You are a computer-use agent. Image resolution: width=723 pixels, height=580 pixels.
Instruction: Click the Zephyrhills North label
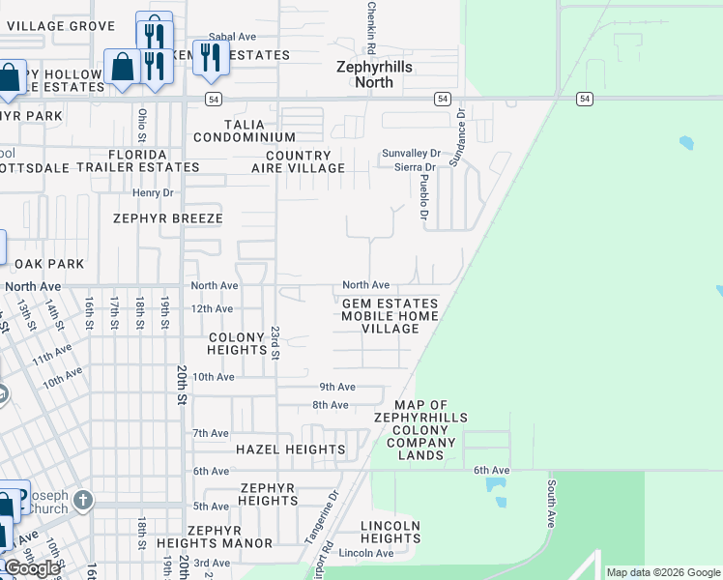click(364, 75)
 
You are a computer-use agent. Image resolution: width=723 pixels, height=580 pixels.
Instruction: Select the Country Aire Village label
click(304, 161)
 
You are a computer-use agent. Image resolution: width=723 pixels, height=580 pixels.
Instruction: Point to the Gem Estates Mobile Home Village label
click(390, 315)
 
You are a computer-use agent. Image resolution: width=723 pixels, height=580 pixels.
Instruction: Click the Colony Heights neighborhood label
click(237, 343)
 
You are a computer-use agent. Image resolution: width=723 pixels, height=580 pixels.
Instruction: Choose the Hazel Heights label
click(290, 449)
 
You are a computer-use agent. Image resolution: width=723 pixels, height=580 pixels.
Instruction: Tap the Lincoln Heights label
click(390, 532)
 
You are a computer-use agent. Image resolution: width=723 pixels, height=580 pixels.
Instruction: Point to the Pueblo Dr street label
click(424, 196)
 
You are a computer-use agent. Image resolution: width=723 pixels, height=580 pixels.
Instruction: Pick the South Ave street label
click(551, 503)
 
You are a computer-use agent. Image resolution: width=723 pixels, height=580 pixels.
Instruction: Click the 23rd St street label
click(275, 342)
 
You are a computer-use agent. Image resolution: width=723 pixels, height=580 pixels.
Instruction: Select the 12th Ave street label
click(212, 309)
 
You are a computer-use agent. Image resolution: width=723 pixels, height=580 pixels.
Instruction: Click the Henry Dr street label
click(152, 193)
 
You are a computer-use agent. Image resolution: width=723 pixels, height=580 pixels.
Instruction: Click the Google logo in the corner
click(32, 568)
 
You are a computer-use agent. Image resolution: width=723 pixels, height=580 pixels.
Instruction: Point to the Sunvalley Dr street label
click(411, 153)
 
